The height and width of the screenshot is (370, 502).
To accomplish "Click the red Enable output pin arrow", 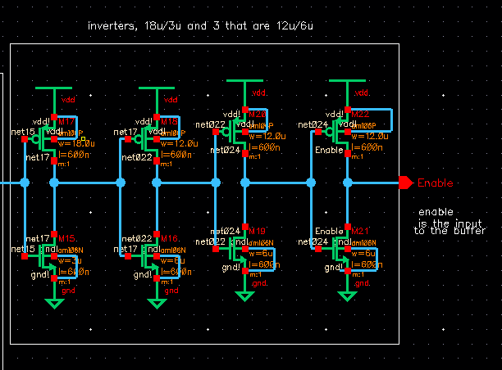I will point(405,183).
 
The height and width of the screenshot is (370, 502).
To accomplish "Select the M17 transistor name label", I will point(68,121).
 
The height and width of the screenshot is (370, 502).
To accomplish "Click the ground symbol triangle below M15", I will point(54,304).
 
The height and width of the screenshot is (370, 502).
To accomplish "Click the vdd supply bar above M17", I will point(54,86).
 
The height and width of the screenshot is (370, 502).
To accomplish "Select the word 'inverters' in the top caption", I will point(110,26).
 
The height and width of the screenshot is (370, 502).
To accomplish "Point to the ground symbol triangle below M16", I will point(154,304).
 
